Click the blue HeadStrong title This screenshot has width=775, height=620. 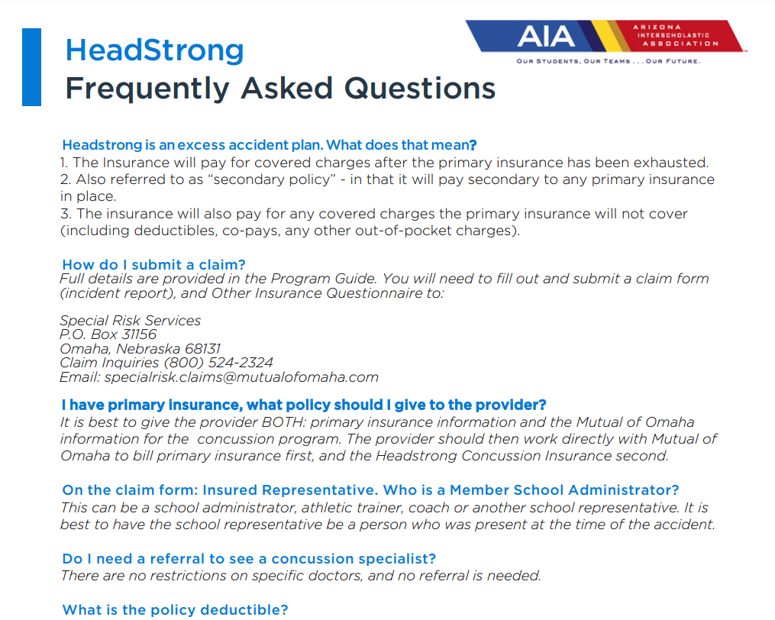click(154, 50)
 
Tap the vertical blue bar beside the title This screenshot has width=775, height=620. click(31, 66)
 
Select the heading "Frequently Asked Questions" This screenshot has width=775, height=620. click(280, 89)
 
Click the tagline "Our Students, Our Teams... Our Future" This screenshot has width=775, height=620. click(608, 61)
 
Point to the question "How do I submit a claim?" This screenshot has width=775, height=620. click(153, 265)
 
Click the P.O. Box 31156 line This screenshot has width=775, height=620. click(108, 334)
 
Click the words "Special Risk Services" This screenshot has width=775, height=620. click(130, 321)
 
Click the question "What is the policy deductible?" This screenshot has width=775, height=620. click(175, 609)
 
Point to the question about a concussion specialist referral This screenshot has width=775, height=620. click(249, 559)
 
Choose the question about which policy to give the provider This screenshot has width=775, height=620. click(303, 405)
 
